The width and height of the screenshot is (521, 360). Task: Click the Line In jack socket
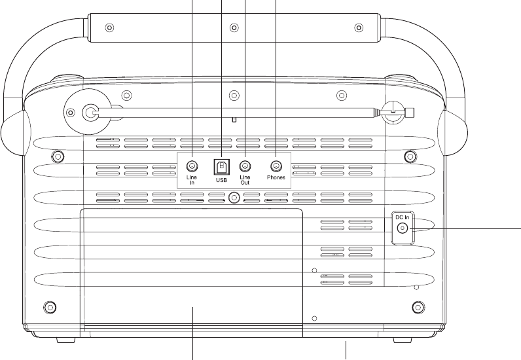(x=192, y=166)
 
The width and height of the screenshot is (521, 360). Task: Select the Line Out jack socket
(x=245, y=166)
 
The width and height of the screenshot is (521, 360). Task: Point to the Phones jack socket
(x=276, y=166)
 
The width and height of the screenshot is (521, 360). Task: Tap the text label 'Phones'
(x=276, y=177)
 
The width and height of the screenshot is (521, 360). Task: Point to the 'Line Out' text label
(x=245, y=180)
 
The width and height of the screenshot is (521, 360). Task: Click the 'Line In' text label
(x=192, y=180)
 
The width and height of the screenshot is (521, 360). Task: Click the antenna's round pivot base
(x=90, y=111)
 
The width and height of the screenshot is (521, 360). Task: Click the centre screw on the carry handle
(x=234, y=28)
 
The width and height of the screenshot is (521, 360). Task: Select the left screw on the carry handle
(x=109, y=28)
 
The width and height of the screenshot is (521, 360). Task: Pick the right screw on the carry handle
(x=358, y=28)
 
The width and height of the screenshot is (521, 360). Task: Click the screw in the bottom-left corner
(x=48, y=306)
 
